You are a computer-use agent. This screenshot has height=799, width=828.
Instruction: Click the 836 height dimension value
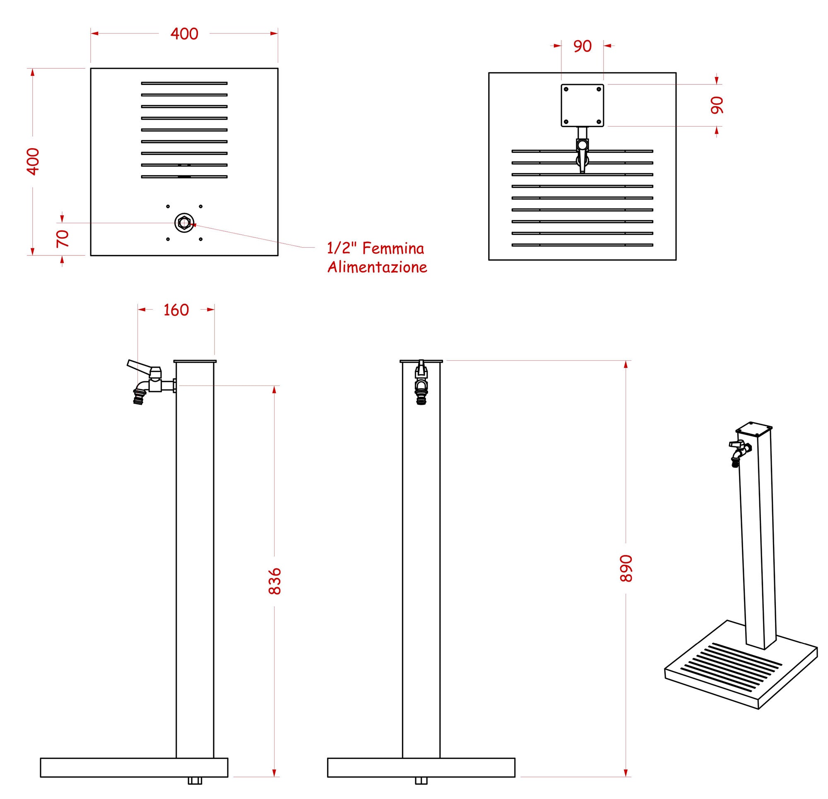pyautogui.click(x=274, y=581)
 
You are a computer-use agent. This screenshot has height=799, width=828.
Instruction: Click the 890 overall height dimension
pyautogui.click(x=626, y=568)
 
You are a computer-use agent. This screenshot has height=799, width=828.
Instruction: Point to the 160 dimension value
pyautogui.click(x=176, y=310)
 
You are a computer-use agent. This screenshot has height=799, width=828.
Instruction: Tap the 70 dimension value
pyautogui.click(x=63, y=239)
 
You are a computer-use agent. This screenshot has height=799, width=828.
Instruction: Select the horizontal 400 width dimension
pyautogui.click(x=185, y=34)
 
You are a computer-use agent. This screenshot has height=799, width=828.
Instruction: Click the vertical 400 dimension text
pyautogui.click(x=33, y=161)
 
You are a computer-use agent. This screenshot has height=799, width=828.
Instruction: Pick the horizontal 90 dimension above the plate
pyautogui.click(x=582, y=46)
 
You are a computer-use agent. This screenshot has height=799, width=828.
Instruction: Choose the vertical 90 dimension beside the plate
pyautogui.click(x=717, y=105)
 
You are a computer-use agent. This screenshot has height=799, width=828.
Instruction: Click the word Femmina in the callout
pyautogui.click(x=393, y=248)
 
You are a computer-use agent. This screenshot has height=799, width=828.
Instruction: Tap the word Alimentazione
pyautogui.click(x=377, y=267)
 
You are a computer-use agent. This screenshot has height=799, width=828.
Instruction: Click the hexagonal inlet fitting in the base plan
pyautogui.click(x=184, y=222)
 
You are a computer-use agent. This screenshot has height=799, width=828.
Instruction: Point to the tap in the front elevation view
pyautogui.click(x=421, y=382)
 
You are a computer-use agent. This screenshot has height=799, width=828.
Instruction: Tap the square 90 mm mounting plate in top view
pyautogui.click(x=582, y=105)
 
